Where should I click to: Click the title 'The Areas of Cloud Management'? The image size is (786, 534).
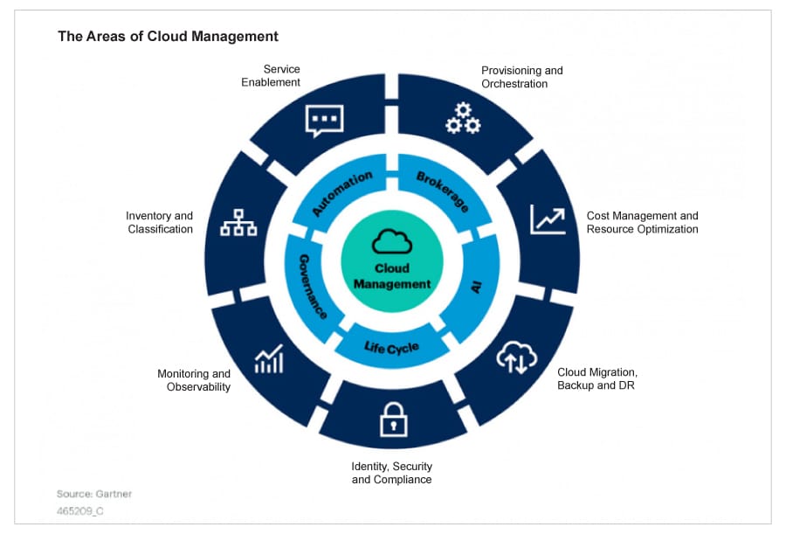pyautogui.click(x=168, y=36)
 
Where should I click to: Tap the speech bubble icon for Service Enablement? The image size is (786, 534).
pyautogui.click(x=324, y=121)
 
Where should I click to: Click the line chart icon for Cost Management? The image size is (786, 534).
pyautogui.click(x=548, y=219)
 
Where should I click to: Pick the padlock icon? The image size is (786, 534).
pyautogui.click(x=393, y=420)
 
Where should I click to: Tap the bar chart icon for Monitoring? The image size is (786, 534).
pyautogui.click(x=269, y=358)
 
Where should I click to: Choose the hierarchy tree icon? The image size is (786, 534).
pyautogui.click(x=238, y=224)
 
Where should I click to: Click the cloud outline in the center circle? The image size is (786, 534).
pyautogui.click(x=392, y=241)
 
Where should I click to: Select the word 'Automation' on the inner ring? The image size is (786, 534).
pyautogui.click(x=341, y=193)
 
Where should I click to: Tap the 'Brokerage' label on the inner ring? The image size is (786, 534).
pyautogui.click(x=442, y=191)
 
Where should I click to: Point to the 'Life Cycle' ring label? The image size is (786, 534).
pyautogui.click(x=391, y=349)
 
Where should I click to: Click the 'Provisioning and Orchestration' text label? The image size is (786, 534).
pyautogui.click(x=521, y=77)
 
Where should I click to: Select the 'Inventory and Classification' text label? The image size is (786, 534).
pyautogui.click(x=160, y=222)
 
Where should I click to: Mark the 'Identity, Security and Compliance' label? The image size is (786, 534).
pyautogui.click(x=391, y=473)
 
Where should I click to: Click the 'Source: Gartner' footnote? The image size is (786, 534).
pyautogui.click(x=94, y=494)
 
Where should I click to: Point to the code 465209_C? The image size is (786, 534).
pyautogui.click(x=80, y=511)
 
